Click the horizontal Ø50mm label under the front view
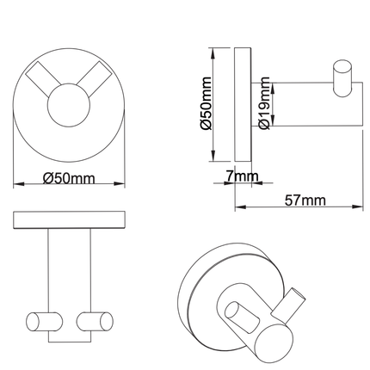(68, 179)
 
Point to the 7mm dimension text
(242, 177)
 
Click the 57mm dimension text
(305, 200)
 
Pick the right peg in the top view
(96, 321)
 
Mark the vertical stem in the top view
(68, 271)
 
